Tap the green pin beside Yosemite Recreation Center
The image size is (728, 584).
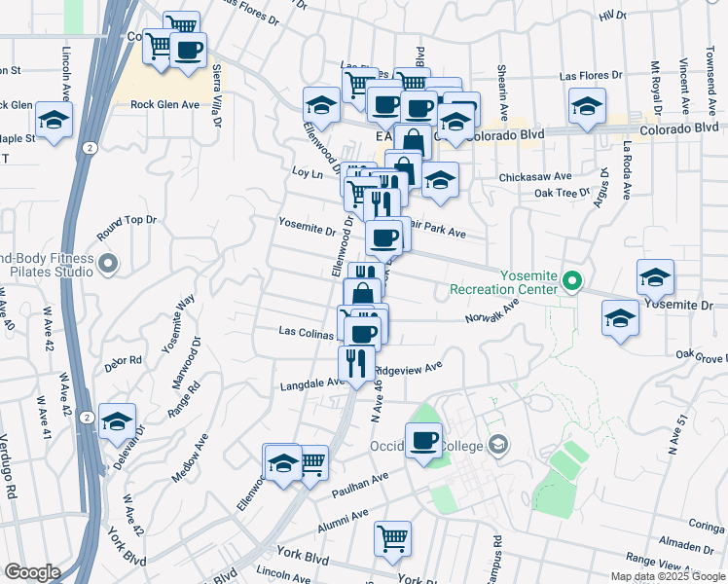pyautogui.click(x=573, y=283)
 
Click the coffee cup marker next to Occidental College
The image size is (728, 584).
pyautogui.click(x=423, y=441)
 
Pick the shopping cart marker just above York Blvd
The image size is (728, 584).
pyautogui.click(x=392, y=537)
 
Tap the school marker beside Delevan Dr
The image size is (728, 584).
pyautogui.click(x=117, y=421)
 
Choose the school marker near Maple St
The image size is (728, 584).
pyautogui.click(x=54, y=122)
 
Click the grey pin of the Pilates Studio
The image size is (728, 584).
pyautogui.click(x=108, y=263)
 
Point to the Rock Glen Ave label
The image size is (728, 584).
pyautogui.click(x=164, y=104)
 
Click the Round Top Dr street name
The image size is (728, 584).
pyautogui.click(x=127, y=228)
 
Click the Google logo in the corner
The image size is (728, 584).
pyautogui.click(x=32, y=572)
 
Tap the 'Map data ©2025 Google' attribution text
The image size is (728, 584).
pyautogui.click(x=668, y=576)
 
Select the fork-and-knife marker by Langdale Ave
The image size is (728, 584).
pyautogui.click(x=355, y=363)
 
